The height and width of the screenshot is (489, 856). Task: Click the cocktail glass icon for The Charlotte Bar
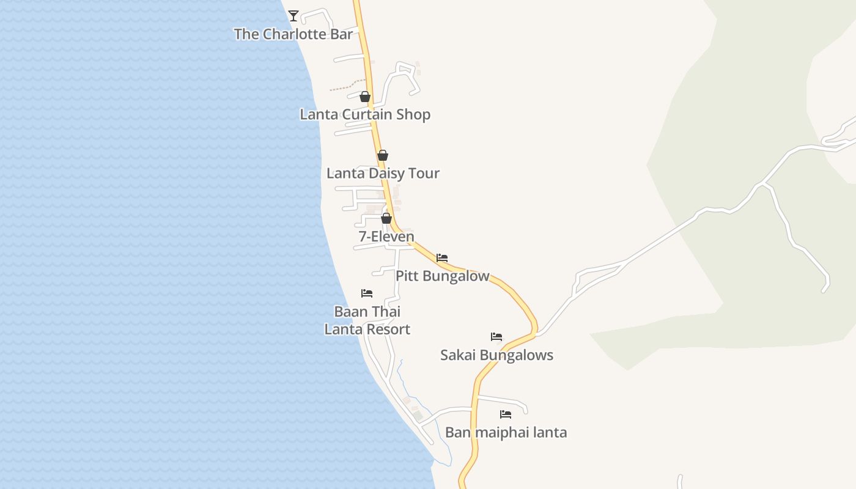click(293, 16)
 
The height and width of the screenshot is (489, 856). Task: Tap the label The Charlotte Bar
click(293, 34)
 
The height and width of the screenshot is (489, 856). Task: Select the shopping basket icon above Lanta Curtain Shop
click(365, 97)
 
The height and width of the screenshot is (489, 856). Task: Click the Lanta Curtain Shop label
click(365, 114)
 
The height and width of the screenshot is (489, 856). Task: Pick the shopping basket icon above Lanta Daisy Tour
click(383, 155)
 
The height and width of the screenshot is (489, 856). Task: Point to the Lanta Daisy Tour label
click(383, 174)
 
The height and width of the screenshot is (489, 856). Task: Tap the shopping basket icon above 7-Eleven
click(386, 218)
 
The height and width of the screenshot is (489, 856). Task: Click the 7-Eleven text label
click(386, 237)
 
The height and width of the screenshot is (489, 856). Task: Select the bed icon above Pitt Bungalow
click(442, 258)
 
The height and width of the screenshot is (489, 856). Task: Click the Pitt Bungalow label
click(443, 276)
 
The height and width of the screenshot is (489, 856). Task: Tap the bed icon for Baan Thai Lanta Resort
click(367, 293)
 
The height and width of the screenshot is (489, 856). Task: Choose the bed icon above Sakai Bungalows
click(496, 337)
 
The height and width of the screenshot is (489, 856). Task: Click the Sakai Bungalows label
click(496, 355)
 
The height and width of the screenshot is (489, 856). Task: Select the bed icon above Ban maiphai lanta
click(506, 414)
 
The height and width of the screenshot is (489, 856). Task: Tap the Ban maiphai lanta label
click(506, 433)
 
